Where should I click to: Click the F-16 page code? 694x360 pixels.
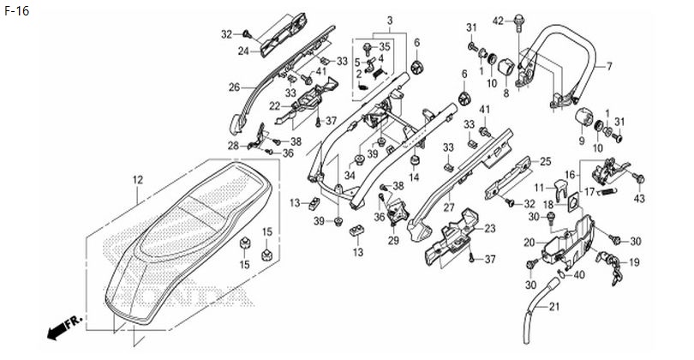(17, 10)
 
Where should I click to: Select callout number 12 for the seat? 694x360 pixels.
(138, 180)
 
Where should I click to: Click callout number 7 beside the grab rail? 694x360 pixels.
(609, 66)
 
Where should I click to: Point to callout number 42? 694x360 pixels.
(499, 21)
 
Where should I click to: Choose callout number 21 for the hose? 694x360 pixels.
(554, 306)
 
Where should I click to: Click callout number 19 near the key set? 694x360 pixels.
(634, 262)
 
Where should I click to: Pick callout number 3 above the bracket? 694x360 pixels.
(390, 21)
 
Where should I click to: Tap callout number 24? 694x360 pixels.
(243, 51)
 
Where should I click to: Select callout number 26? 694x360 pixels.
(234, 87)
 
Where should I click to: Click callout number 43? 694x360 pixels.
(639, 199)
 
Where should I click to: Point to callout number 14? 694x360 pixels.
(414, 177)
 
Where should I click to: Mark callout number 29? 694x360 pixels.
(393, 241)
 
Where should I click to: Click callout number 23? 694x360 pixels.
(490, 229)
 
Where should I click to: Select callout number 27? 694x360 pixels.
(449, 208)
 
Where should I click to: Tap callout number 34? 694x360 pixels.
(350, 176)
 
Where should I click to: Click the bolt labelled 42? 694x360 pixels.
(518, 23)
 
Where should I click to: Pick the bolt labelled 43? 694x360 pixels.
(638, 179)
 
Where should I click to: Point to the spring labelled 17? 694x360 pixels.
(607, 192)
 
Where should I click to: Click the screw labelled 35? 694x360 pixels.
(368, 48)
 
